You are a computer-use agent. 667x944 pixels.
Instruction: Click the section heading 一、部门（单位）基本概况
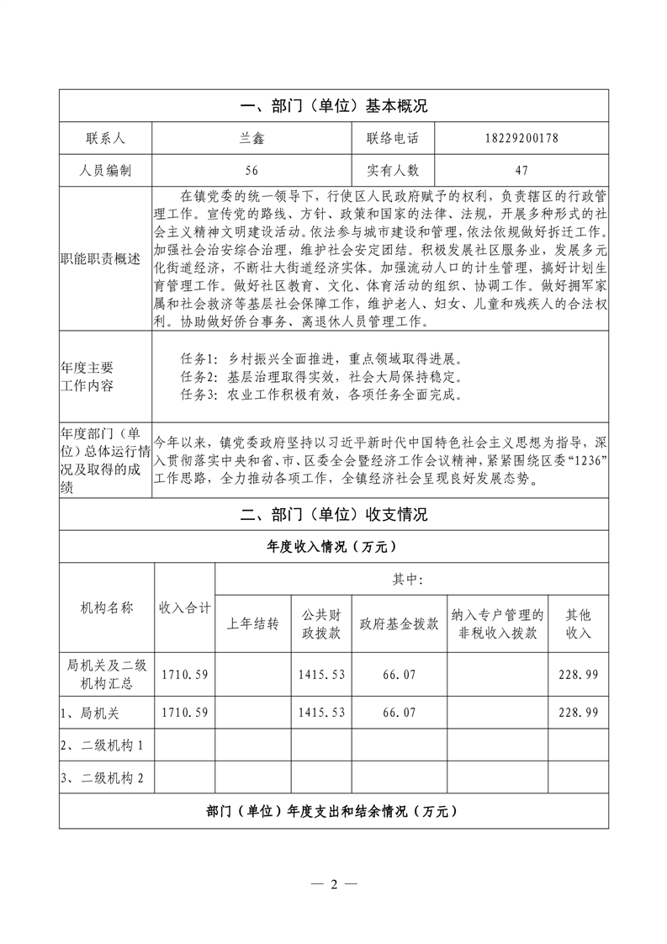click(x=334, y=106)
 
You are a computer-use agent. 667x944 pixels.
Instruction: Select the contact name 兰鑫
click(x=251, y=138)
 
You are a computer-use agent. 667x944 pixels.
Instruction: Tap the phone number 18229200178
click(x=521, y=138)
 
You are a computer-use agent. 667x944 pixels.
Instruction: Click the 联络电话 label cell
click(x=392, y=138)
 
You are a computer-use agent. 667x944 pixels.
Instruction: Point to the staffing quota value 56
click(x=251, y=170)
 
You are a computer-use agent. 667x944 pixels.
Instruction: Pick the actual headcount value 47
click(x=521, y=170)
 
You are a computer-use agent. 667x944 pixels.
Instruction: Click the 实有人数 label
click(x=392, y=170)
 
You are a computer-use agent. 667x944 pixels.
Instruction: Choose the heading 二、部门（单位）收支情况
click(x=334, y=514)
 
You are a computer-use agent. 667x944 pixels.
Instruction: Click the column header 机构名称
click(x=107, y=607)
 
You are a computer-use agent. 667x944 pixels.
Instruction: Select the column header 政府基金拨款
click(x=399, y=624)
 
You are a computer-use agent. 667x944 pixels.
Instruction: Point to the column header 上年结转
click(x=253, y=624)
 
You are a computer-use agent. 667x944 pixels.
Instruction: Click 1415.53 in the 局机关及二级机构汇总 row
click(x=322, y=674)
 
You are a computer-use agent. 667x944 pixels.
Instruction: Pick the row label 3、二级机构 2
click(x=102, y=778)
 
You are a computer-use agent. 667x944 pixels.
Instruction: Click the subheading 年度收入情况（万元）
click(x=334, y=547)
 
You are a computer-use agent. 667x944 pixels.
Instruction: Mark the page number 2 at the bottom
click(x=334, y=884)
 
